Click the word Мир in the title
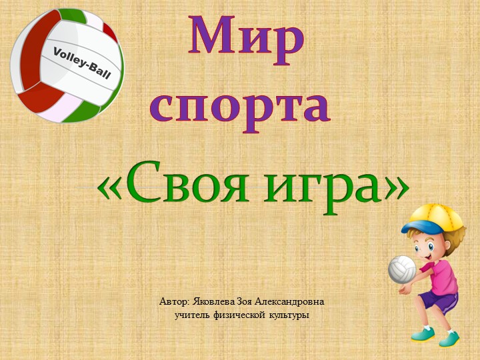(x=247, y=39)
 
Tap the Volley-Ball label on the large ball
(x=81, y=63)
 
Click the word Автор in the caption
(x=175, y=301)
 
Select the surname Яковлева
(x=213, y=301)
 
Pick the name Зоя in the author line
(x=245, y=301)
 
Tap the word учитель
(x=193, y=314)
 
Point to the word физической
(x=241, y=314)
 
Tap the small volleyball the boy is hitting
(x=402, y=268)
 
